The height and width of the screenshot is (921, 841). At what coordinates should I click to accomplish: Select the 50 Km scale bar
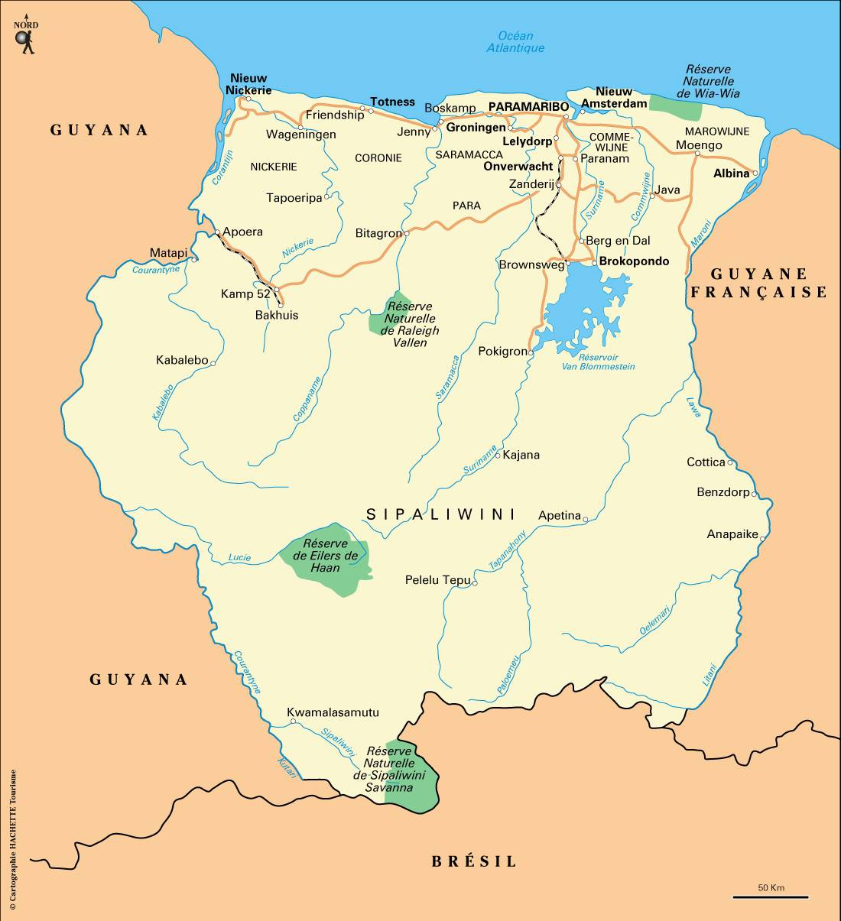tap(771, 897)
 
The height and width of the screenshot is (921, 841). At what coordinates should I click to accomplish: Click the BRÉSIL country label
tap(474, 862)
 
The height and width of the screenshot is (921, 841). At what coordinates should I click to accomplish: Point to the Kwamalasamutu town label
tap(333, 713)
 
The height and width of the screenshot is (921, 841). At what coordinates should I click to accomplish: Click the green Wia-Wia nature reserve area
tap(676, 109)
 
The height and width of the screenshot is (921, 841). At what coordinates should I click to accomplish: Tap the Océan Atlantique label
tap(515, 42)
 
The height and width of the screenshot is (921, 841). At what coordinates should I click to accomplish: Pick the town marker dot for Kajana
tap(498, 456)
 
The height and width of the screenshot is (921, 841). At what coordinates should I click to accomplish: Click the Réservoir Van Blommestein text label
tap(598, 362)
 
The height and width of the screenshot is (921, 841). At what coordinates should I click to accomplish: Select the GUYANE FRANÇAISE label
tap(758, 283)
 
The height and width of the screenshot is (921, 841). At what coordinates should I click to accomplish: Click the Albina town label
tap(731, 173)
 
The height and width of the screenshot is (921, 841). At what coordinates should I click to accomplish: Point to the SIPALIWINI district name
tap(441, 514)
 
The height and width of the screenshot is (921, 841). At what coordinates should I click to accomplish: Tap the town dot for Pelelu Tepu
tap(475, 583)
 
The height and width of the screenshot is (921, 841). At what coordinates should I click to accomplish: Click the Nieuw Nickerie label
tap(248, 84)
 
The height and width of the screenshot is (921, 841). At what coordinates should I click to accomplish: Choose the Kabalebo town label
tap(182, 360)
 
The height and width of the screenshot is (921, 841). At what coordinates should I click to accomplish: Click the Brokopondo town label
tap(634, 261)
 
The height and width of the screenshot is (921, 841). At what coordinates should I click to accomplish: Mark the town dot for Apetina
tap(586, 520)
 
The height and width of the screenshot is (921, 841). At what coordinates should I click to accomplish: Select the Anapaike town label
tap(732, 534)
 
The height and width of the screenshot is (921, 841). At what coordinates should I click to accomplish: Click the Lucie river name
tap(239, 557)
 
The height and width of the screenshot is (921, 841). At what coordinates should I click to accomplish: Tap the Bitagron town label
tap(378, 233)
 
